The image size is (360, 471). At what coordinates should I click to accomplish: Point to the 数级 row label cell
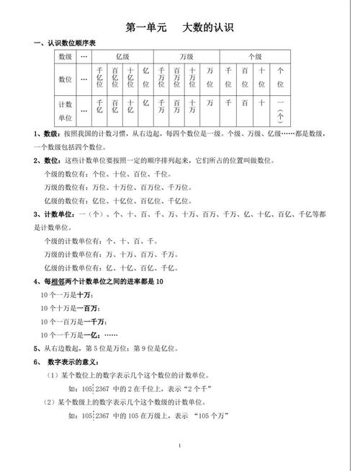[66, 56]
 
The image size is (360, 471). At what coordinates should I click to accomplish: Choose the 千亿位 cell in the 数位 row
[99, 78]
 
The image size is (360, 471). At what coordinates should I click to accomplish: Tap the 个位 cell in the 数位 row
[280, 78]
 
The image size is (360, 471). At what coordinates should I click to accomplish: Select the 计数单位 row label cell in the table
[66, 110]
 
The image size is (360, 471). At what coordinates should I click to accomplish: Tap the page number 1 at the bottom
[179, 446]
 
